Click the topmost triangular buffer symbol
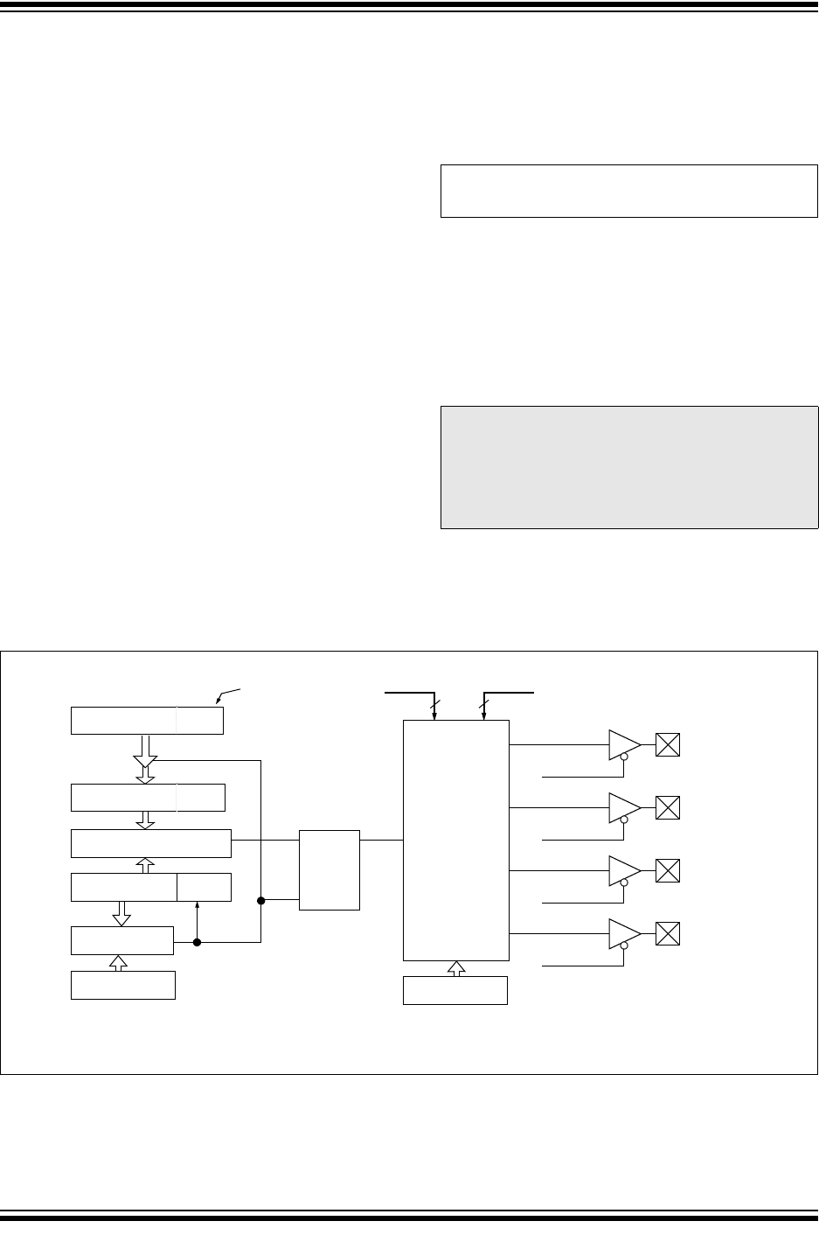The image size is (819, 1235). [x=623, y=745]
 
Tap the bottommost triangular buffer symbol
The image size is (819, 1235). [x=623, y=934]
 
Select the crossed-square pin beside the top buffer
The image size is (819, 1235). [x=668, y=745]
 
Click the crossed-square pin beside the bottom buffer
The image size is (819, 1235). [x=668, y=934]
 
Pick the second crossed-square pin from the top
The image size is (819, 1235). [x=668, y=807]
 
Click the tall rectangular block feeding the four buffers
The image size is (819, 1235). [x=455, y=840]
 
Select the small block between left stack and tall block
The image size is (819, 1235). [x=329, y=869]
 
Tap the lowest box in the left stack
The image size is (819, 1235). [x=122, y=985]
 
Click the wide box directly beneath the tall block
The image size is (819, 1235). [x=455, y=990]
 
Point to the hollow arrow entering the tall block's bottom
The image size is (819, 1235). [x=455, y=968]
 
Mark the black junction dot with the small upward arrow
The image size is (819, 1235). [x=198, y=942]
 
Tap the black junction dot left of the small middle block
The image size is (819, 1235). [x=260, y=899]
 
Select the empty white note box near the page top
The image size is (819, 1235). [x=628, y=190]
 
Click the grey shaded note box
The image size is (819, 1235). [x=628, y=467]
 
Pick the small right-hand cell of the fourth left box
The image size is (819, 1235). [x=204, y=887]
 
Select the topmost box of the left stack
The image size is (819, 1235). [x=147, y=720]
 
